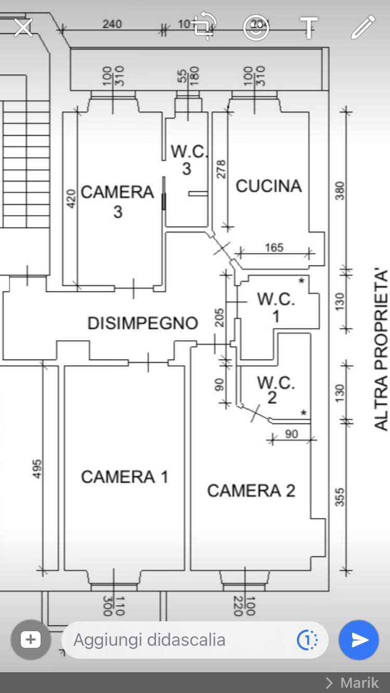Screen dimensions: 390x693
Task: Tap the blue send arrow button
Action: pyautogui.click(x=359, y=640)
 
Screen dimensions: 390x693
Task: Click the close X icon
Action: pyautogui.click(x=23, y=28)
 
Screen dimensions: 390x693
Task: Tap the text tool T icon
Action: pyautogui.click(x=309, y=28)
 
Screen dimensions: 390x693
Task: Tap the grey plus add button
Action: pyautogui.click(x=30, y=639)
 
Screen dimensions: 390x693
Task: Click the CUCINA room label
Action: pyautogui.click(x=268, y=186)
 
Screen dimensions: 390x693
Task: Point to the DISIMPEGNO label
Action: pyautogui.click(x=143, y=323)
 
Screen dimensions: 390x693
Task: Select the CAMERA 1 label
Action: pyautogui.click(x=125, y=477)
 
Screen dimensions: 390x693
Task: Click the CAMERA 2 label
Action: pyautogui.click(x=251, y=491)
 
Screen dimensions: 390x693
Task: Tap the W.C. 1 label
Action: pyautogui.click(x=276, y=308)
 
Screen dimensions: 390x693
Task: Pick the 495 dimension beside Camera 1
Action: pyautogui.click(x=37, y=469)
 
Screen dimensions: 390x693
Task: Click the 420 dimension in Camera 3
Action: pyautogui.click(x=71, y=199)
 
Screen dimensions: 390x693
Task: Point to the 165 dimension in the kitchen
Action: pyautogui.click(x=274, y=247)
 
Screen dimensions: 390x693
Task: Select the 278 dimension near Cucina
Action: pyautogui.click(x=221, y=169)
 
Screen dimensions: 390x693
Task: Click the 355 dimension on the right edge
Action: pyautogui.click(x=340, y=497)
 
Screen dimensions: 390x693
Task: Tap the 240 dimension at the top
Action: pyautogui.click(x=112, y=24)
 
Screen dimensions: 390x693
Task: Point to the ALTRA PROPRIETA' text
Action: pyautogui.click(x=381, y=350)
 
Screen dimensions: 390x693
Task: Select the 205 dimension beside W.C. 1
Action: pyautogui.click(x=219, y=317)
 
